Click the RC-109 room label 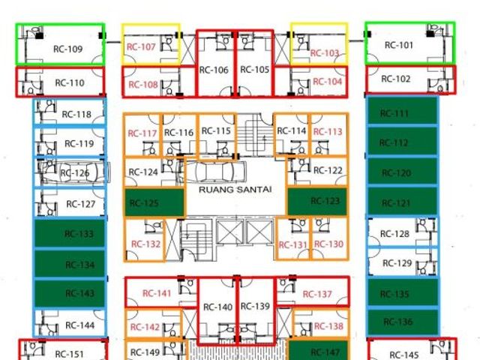tap(68, 49)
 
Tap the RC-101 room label tap(399, 45)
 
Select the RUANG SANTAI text tap(235, 190)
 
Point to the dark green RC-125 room tap(154, 203)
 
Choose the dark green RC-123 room tap(317, 202)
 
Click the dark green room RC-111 tap(403, 111)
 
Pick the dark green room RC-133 tap(70, 233)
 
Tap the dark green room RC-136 tap(403, 322)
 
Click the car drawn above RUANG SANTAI tap(211, 172)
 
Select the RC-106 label tap(214, 70)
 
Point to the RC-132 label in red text tap(145, 244)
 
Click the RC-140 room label tap(217, 307)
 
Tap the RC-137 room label tap(317, 294)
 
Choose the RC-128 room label tap(394, 234)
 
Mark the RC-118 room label tap(76, 115)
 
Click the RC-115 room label tap(216, 131)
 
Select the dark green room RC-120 tap(403, 171)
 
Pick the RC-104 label tap(327, 82)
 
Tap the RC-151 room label tap(69, 354)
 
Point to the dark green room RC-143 tap(70, 293)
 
